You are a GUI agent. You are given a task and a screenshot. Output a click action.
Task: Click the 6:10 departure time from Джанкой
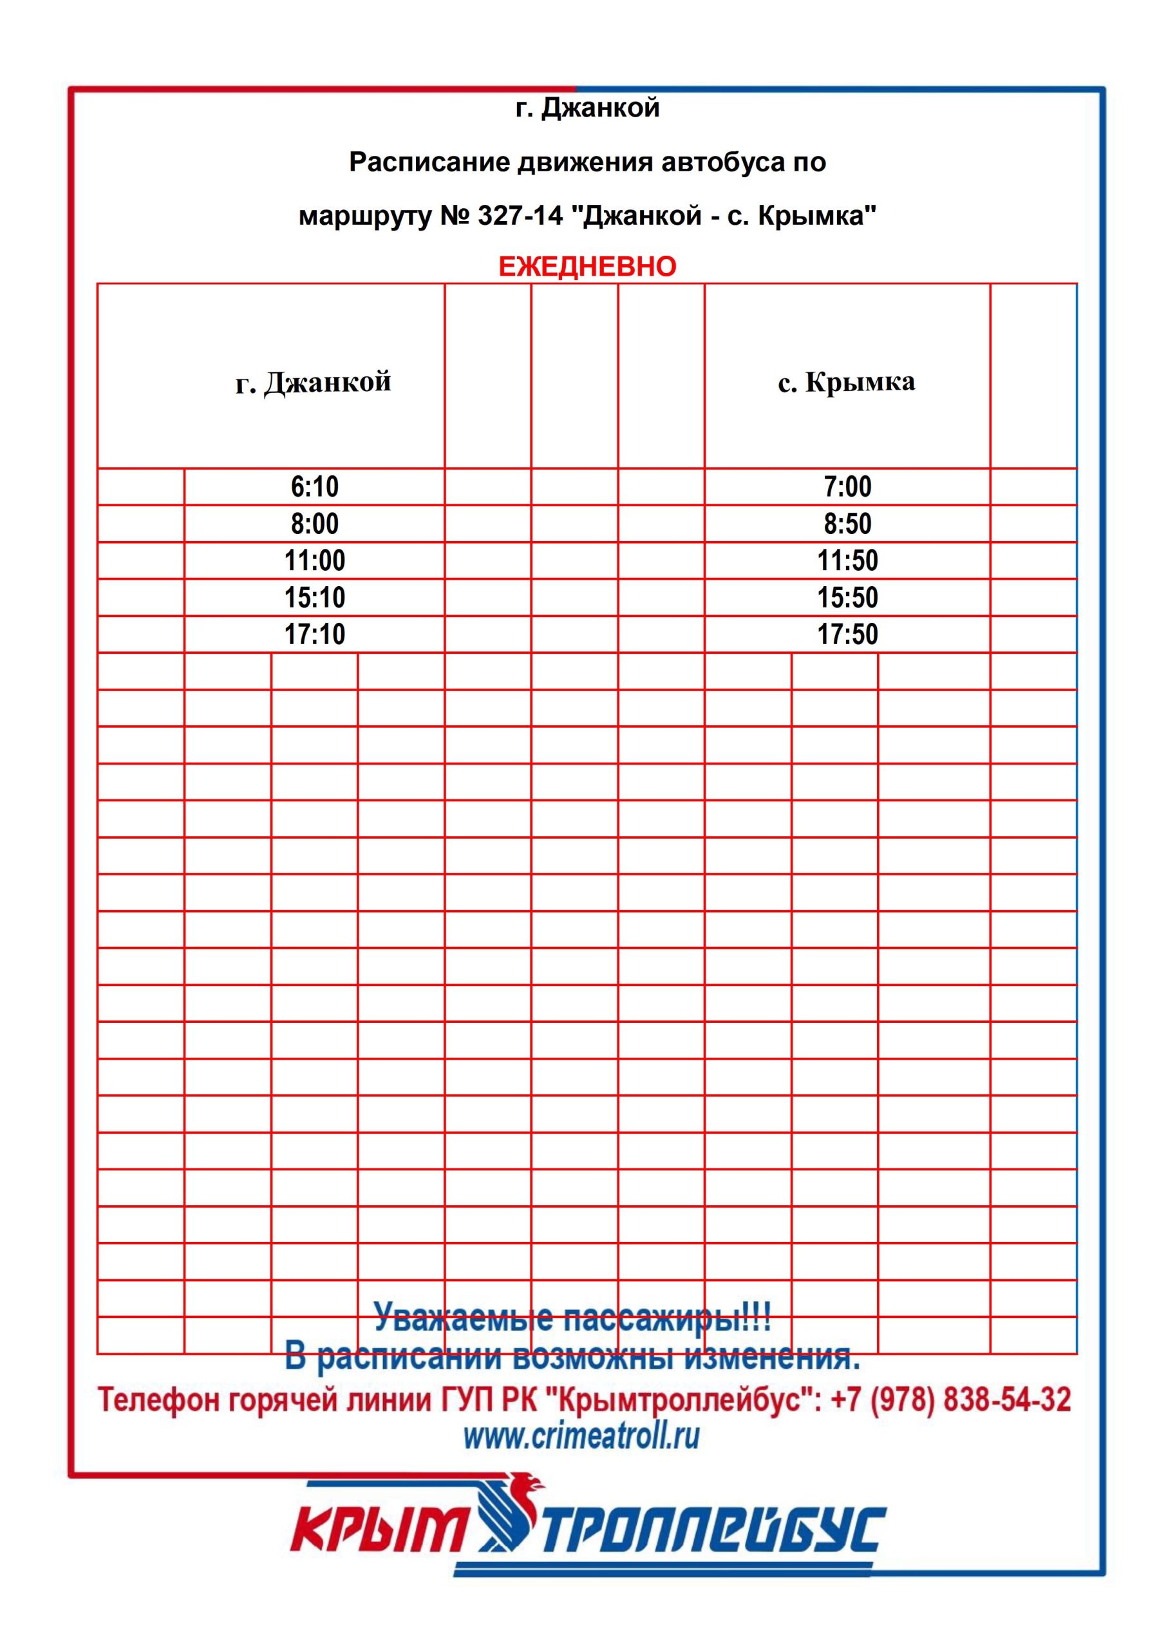tap(314, 487)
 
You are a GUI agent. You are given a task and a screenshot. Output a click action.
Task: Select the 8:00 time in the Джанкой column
tap(314, 524)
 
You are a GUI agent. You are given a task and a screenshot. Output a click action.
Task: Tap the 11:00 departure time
tap(314, 561)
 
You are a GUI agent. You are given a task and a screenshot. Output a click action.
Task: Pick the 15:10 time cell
tap(314, 598)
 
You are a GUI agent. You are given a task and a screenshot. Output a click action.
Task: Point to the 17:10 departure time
tap(314, 634)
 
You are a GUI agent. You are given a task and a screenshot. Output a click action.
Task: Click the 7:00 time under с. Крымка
tap(847, 487)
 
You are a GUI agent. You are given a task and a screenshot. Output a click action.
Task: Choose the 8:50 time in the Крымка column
tap(847, 524)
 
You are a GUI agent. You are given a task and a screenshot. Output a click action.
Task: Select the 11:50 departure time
tap(847, 561)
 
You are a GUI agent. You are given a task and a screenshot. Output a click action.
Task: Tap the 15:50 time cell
tap(847, 598)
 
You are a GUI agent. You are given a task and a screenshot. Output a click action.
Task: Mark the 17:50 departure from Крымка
tap(847, 634)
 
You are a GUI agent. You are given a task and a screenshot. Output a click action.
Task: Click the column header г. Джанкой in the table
tap(314, 382)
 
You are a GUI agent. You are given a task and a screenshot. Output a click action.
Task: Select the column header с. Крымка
tap(847, 382)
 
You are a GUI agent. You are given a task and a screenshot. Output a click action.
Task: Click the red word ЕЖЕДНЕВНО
tap(587, 267)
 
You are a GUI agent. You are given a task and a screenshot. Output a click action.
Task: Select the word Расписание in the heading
tap(429, 162)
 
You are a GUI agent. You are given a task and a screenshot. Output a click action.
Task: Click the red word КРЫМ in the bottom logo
tap(379, 1530)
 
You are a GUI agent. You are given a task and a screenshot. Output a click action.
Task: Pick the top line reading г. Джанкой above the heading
tap(587, 108)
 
